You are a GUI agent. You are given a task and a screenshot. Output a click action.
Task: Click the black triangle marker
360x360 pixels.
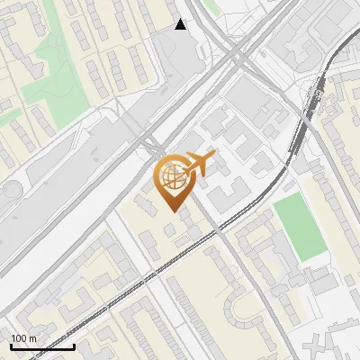coord(181,24)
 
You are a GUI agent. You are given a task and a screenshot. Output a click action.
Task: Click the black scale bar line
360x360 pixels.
coord(42,346)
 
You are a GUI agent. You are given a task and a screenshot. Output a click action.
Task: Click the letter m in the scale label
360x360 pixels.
coord(32,338)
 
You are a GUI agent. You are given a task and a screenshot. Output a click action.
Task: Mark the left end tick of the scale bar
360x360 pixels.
coord(11,345)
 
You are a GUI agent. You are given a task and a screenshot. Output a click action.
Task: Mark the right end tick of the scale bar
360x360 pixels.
coord(74,345)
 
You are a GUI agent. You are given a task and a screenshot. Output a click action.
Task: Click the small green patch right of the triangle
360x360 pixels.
coord(210,7)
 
